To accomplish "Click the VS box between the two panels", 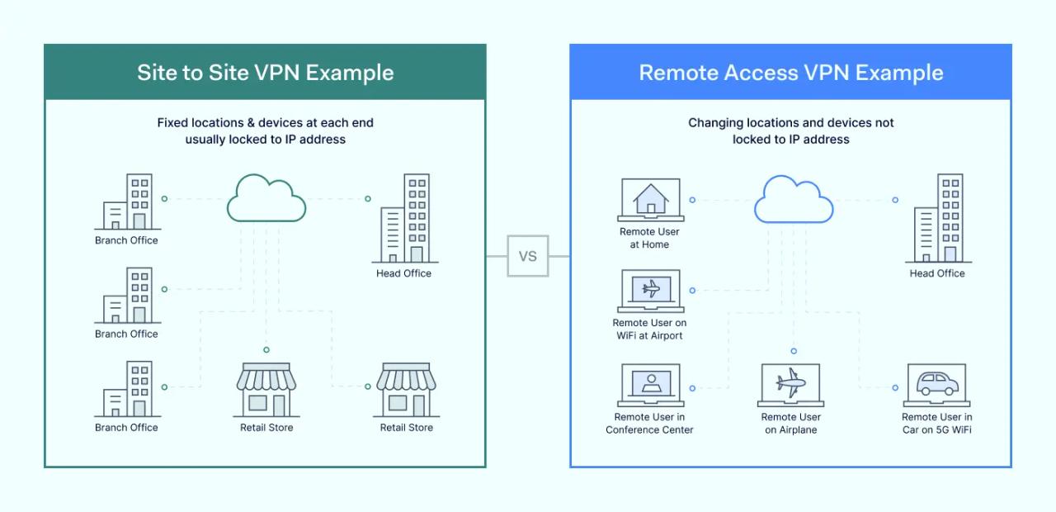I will (x=528, y=256).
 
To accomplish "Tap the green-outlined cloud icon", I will (x=266, y=199).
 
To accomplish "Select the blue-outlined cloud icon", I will (x=793, y=199).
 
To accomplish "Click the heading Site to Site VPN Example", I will (x=265, y=73).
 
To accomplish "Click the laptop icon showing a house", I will (x=650, y=200).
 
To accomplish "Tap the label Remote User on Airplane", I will (x=790, y=424).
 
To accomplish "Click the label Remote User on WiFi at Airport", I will (x=649, y=329).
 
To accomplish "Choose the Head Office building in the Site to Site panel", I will (x=404, y=218).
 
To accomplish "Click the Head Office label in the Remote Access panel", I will (x=936, y=273).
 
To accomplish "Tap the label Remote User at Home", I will (x=649, y=238).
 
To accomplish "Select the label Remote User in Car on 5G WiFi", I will (x=936, y=424).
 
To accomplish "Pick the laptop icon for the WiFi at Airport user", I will (x=650, y=291).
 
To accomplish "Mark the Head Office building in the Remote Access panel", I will (x=938, y=218).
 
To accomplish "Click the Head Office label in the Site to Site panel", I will (x=403, y=273).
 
